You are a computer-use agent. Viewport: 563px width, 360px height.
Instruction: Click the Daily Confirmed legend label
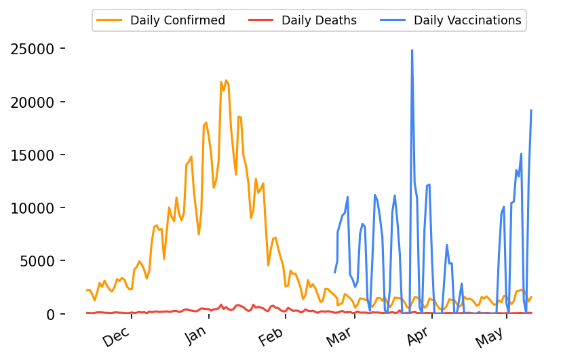coord(178,20)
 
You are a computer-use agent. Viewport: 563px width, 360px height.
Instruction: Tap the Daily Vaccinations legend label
coord(467,20)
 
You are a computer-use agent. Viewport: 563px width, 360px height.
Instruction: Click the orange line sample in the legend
coord(111,20)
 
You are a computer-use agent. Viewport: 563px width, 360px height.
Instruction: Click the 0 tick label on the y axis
coord(50,314)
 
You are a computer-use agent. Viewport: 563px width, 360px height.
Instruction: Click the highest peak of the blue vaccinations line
coord(412,50)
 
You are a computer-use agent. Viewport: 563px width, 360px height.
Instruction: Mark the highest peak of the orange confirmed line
coord(226,80)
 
